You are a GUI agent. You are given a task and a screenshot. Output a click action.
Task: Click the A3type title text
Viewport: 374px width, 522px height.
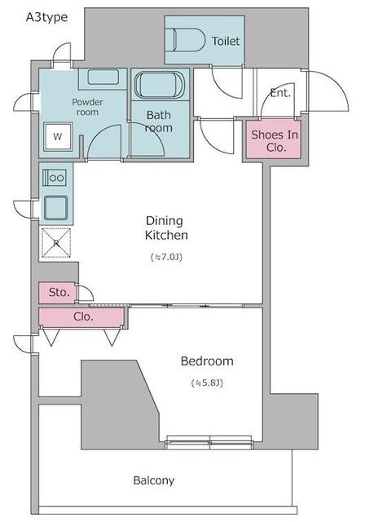[47, 17]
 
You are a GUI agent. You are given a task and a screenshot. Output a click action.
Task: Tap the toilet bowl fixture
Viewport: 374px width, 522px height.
[189, 40]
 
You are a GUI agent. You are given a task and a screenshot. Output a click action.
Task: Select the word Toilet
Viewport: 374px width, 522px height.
[226, 42]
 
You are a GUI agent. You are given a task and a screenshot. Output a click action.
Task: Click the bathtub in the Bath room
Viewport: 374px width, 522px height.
[160, 85]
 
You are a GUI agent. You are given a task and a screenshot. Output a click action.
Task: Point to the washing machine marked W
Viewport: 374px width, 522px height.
[58, 136]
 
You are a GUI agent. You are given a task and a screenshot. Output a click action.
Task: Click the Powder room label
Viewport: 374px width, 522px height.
[87, 107]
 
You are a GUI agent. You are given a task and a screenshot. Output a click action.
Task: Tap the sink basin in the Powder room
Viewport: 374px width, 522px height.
[103, 77]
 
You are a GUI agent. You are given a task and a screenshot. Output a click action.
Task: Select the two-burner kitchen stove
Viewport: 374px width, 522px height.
[55, 178]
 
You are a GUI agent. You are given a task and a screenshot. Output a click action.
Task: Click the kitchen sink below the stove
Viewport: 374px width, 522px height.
[56, 208]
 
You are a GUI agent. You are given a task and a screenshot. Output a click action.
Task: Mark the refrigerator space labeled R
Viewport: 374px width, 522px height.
[56, 243]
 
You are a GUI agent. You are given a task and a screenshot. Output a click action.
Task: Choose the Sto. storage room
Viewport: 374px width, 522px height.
[58, 293]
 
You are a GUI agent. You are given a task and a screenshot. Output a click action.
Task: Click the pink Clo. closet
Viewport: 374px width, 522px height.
[81, 316]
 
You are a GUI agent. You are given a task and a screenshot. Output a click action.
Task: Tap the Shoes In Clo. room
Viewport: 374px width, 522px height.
[274, 139]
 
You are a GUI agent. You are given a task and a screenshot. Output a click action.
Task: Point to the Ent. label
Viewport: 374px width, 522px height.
[280, 93]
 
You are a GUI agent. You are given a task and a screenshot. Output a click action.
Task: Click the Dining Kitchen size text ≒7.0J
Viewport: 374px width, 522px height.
[167, 257]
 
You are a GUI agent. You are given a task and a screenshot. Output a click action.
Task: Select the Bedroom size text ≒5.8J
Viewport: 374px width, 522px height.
[207, 383]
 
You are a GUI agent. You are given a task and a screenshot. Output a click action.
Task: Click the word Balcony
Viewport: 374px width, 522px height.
[153, 480]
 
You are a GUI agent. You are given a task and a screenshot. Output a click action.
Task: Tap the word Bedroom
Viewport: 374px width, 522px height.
[207, 361]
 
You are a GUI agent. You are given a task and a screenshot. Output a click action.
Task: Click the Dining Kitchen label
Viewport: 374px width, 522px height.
[166, 228]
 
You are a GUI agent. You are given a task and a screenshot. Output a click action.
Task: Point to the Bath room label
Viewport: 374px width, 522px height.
[159, 122]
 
